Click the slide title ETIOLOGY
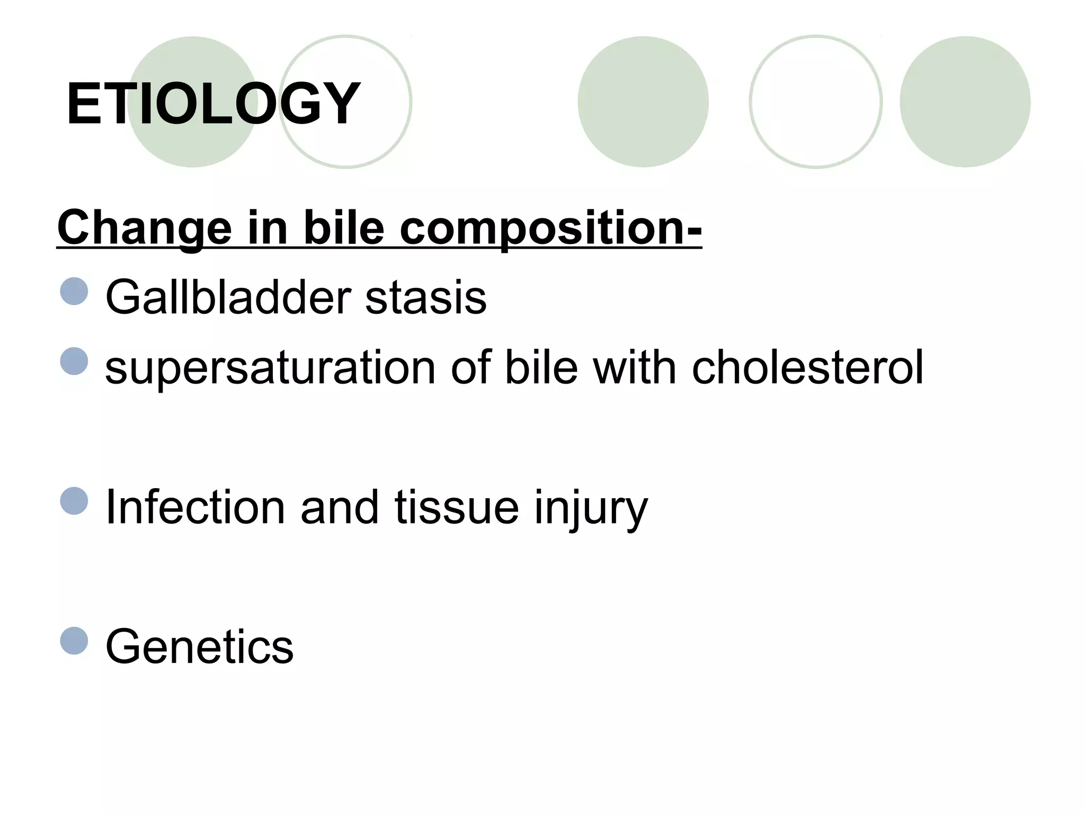[x=213, y=103]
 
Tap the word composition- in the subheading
[x=550, y=229]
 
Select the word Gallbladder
[x=228, y=297]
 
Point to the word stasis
[x=425, y=297]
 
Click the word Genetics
[x=199, y=647]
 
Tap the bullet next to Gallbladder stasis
[x=74, y=291]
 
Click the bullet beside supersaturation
[x=74, y=361]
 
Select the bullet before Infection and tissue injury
[x=74, y=501]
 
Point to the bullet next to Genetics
[x=74, y=641]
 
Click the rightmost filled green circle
[x=965, y=102]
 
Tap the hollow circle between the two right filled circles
[x=815, y=102]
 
